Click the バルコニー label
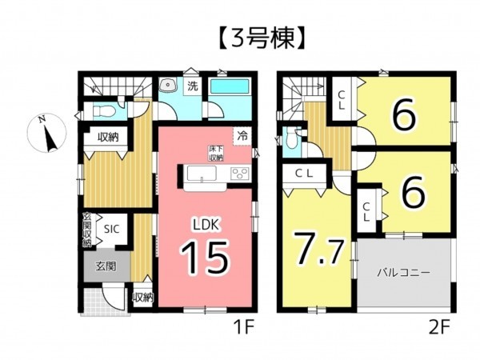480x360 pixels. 405,272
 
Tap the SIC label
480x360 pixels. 111,228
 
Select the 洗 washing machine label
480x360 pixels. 192,86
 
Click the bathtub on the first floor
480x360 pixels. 233,87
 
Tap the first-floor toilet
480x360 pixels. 103,111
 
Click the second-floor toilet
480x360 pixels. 293,141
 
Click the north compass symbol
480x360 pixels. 49,134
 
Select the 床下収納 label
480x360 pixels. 216,154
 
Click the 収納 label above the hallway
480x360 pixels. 108,138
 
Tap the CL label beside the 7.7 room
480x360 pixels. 302,174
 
